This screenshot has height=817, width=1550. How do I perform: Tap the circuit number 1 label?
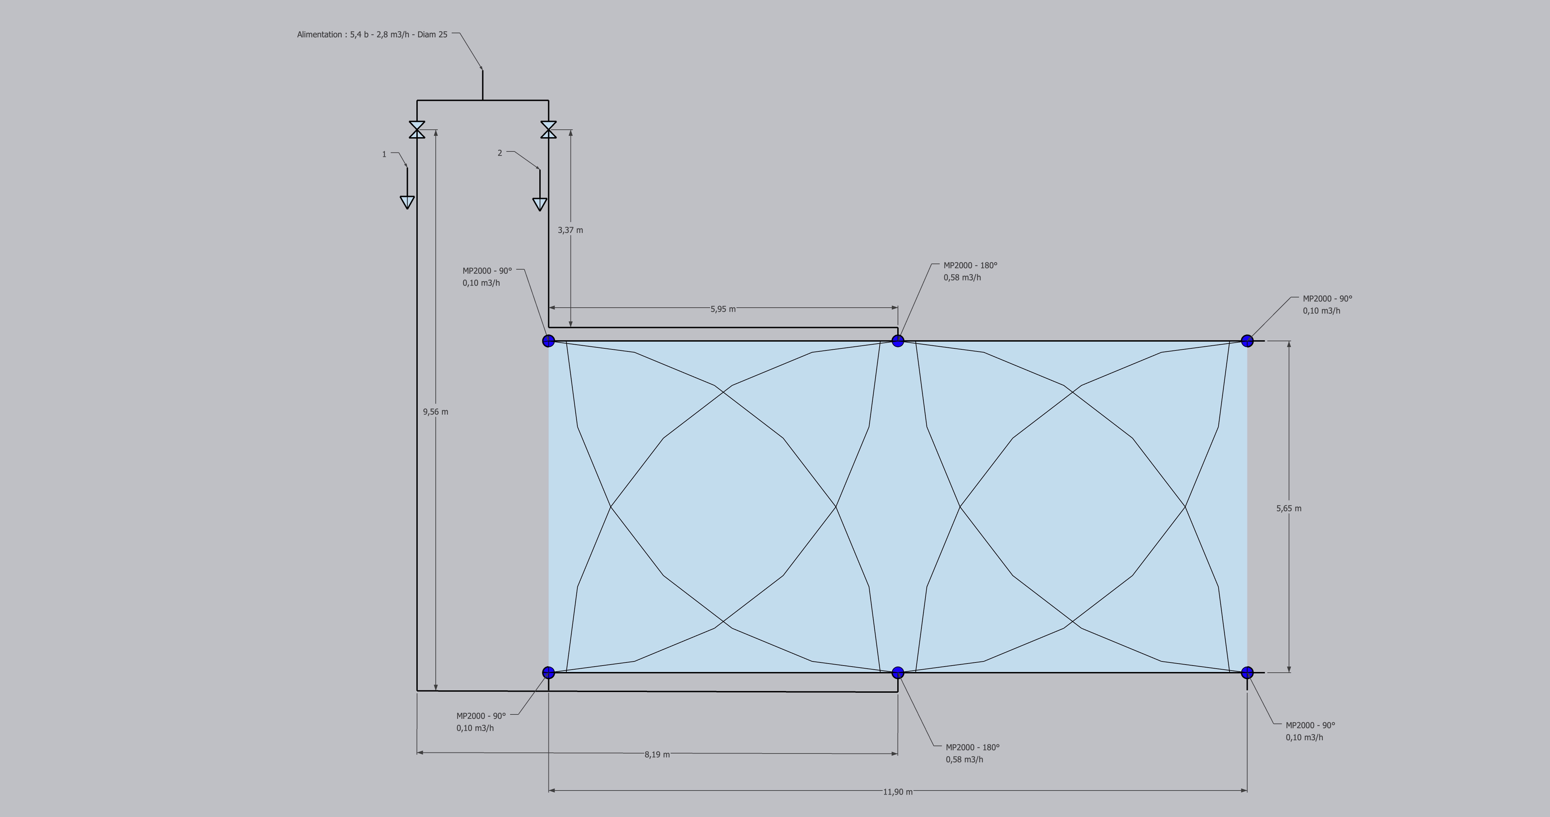point(384,155)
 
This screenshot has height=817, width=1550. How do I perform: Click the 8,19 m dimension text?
point(656,755)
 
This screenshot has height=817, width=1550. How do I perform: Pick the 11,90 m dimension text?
point(897,792)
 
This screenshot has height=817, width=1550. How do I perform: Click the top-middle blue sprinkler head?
point(898,341)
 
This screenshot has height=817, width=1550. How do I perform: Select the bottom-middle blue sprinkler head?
point(898,673)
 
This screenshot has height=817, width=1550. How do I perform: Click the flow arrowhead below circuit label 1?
point(407,202)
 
